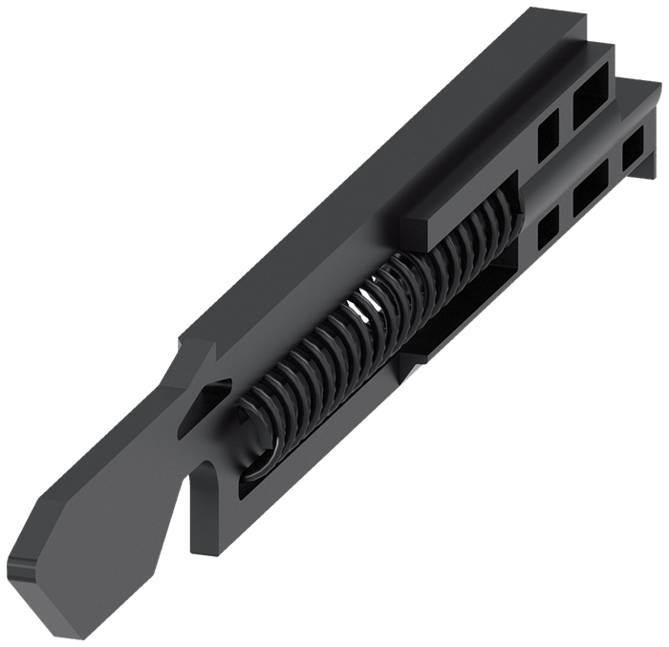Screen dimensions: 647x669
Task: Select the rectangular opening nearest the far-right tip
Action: [632, 151]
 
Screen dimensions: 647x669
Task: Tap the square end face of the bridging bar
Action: [413, 232]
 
